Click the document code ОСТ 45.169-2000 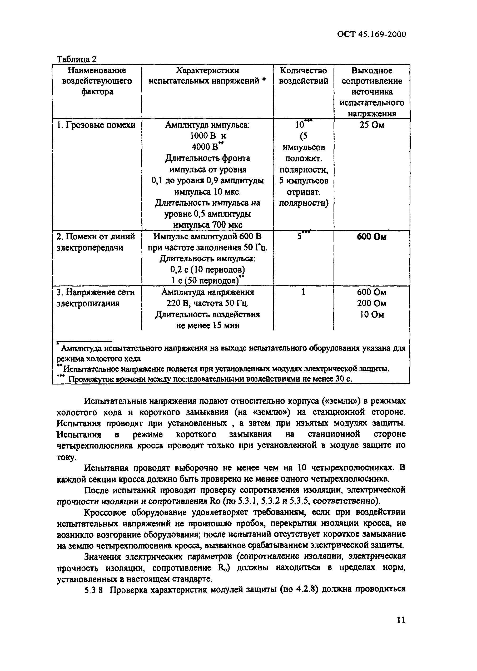[371, 34]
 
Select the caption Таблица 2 [76, 59]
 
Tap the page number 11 [401, 620]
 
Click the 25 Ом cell [372, 125]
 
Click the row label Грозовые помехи [96, 125]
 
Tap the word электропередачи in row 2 [90, 248]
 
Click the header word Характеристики [207, 71]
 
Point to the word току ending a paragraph [66, 457]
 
